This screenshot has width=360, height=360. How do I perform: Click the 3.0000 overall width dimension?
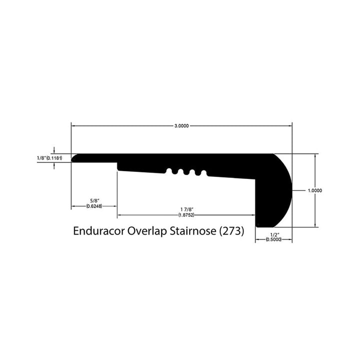point(181,126)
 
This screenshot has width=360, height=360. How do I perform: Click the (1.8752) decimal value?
point(186,215)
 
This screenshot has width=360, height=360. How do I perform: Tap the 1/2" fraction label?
point(273,234)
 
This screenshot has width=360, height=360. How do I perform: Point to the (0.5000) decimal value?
point(273,240)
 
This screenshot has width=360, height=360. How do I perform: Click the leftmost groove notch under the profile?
point(168,171)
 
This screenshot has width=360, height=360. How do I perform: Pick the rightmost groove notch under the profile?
point(203,173)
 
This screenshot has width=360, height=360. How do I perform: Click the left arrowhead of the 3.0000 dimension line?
point(73,126)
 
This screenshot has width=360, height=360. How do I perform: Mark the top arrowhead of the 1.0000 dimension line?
point(315,155)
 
